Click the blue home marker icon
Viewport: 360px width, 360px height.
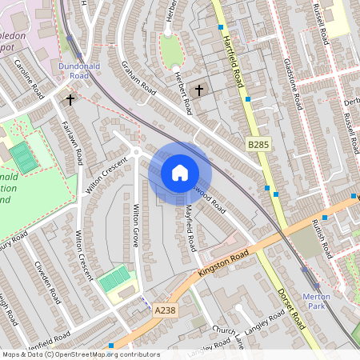click(180, 172)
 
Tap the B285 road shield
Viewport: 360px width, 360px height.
click(258, 144)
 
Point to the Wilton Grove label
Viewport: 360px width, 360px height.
click(138, 226)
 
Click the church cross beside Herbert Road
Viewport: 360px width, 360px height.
click(199, 90)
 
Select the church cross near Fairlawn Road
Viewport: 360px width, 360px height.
click(70, 100)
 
